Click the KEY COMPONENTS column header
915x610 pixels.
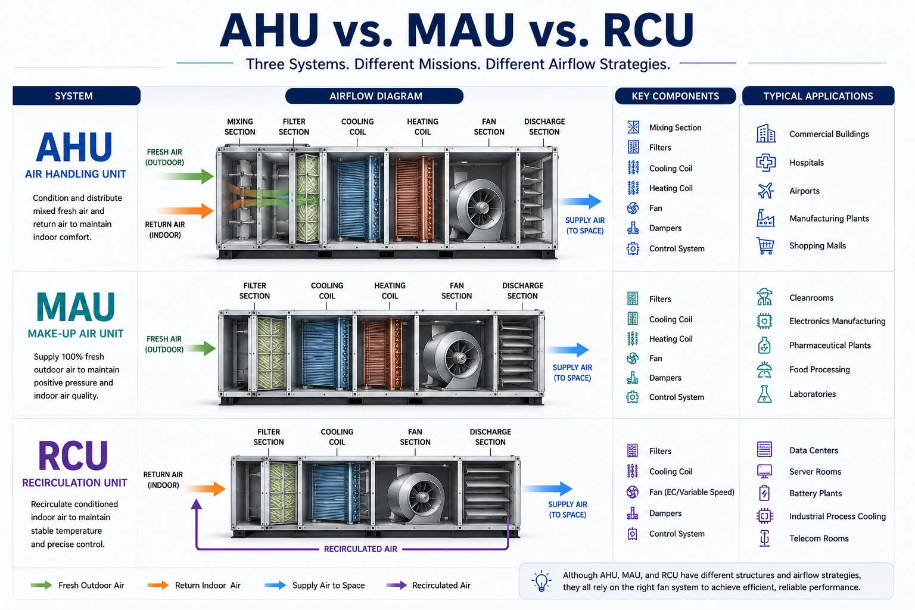coord(675,96)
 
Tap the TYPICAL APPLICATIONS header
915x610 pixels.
coord(818,96)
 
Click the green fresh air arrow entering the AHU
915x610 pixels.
coord(185,176)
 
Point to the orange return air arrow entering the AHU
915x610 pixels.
coord(185,211)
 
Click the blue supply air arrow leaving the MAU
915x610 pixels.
coord(568,350)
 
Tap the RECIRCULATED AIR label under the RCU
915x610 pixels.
coord(360,549)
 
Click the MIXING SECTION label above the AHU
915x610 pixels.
coord(240,127)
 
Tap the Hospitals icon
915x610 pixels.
coord(765,163)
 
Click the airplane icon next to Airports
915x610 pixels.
coord(765,191)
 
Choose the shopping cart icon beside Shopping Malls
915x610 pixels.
coord(765,245)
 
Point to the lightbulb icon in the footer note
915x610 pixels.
coord(541,581)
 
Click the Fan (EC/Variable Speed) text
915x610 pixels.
coord(692,492)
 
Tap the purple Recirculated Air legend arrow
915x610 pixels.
coord(396,585)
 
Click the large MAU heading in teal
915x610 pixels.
coord(76,307)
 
